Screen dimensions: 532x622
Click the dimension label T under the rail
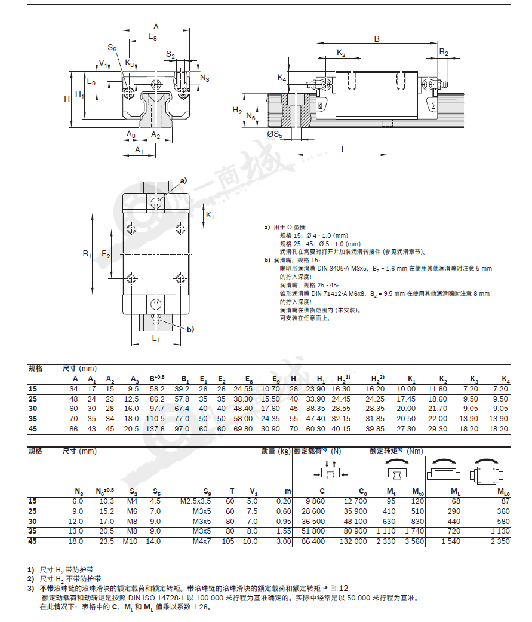point(342,149)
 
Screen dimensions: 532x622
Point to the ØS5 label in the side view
point(275,134)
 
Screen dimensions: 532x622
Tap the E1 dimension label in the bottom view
point(156,338)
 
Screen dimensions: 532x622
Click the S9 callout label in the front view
point(112,48)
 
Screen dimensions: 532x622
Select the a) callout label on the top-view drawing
point(183,181)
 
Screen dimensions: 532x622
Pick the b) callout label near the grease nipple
point(190,329)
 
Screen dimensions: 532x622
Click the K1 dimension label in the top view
point(210,215)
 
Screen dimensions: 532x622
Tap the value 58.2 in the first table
point(157,389)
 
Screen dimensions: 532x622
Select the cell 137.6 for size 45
point(155,429)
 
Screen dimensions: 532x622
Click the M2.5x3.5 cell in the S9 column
point(195,501)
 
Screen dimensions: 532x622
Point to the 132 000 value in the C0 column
point(353,541)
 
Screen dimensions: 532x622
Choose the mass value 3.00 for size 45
point(284,541)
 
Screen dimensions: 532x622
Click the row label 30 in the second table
point(32,521)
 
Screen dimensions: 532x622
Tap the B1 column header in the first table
point(185,379)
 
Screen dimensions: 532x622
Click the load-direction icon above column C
point(330,471)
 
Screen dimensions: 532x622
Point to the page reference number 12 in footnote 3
point(343,589)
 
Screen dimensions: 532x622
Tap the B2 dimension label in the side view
point(444,52)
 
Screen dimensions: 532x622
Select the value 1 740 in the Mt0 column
point(414,531)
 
